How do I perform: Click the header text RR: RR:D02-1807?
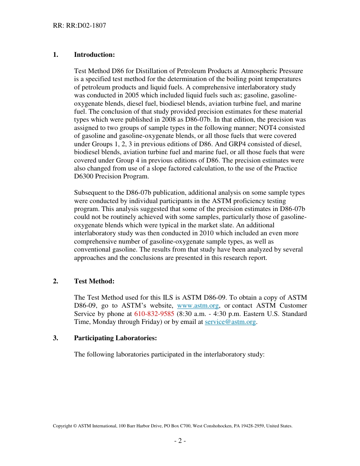coord(79,26)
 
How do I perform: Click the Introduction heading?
coord(94,55)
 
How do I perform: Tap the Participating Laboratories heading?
coord(115,338)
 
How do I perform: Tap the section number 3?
coord(55,338)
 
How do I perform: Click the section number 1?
coord(55,55)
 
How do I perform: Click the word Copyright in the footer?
coord(62,426)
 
